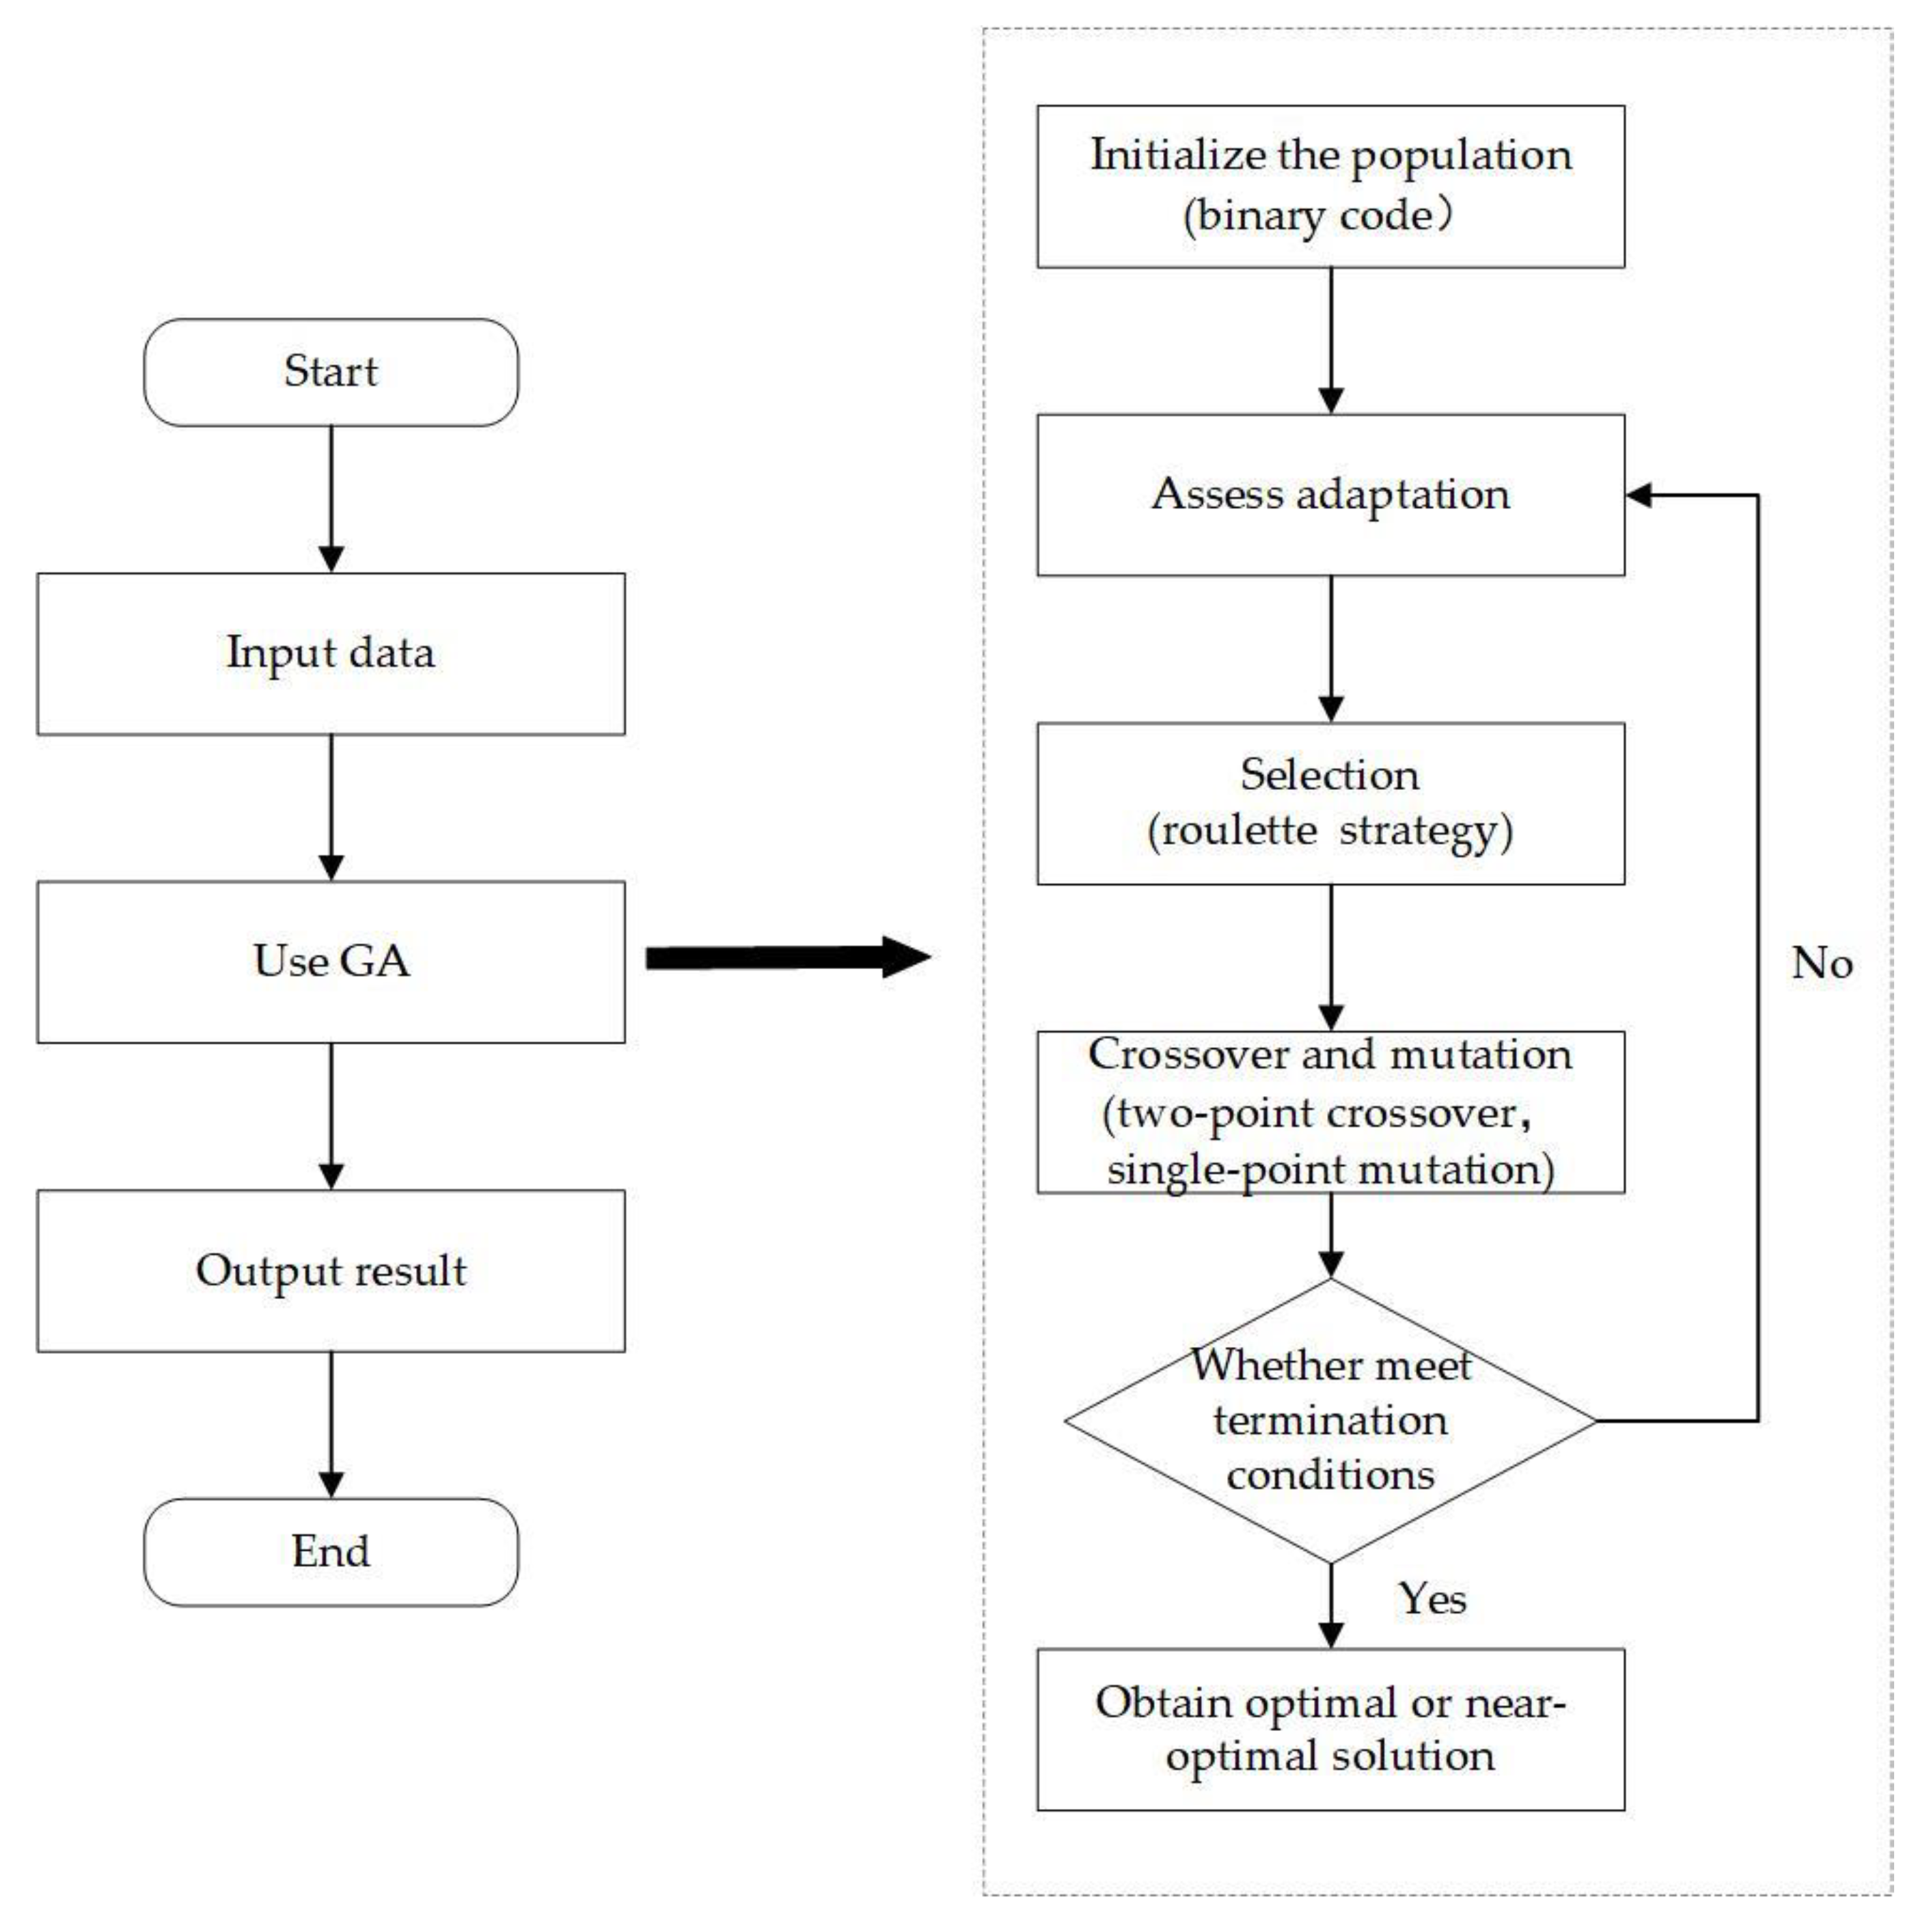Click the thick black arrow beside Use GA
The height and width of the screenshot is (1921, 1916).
coord(786,957)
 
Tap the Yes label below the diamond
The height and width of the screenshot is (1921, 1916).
coord(1432,1599)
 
